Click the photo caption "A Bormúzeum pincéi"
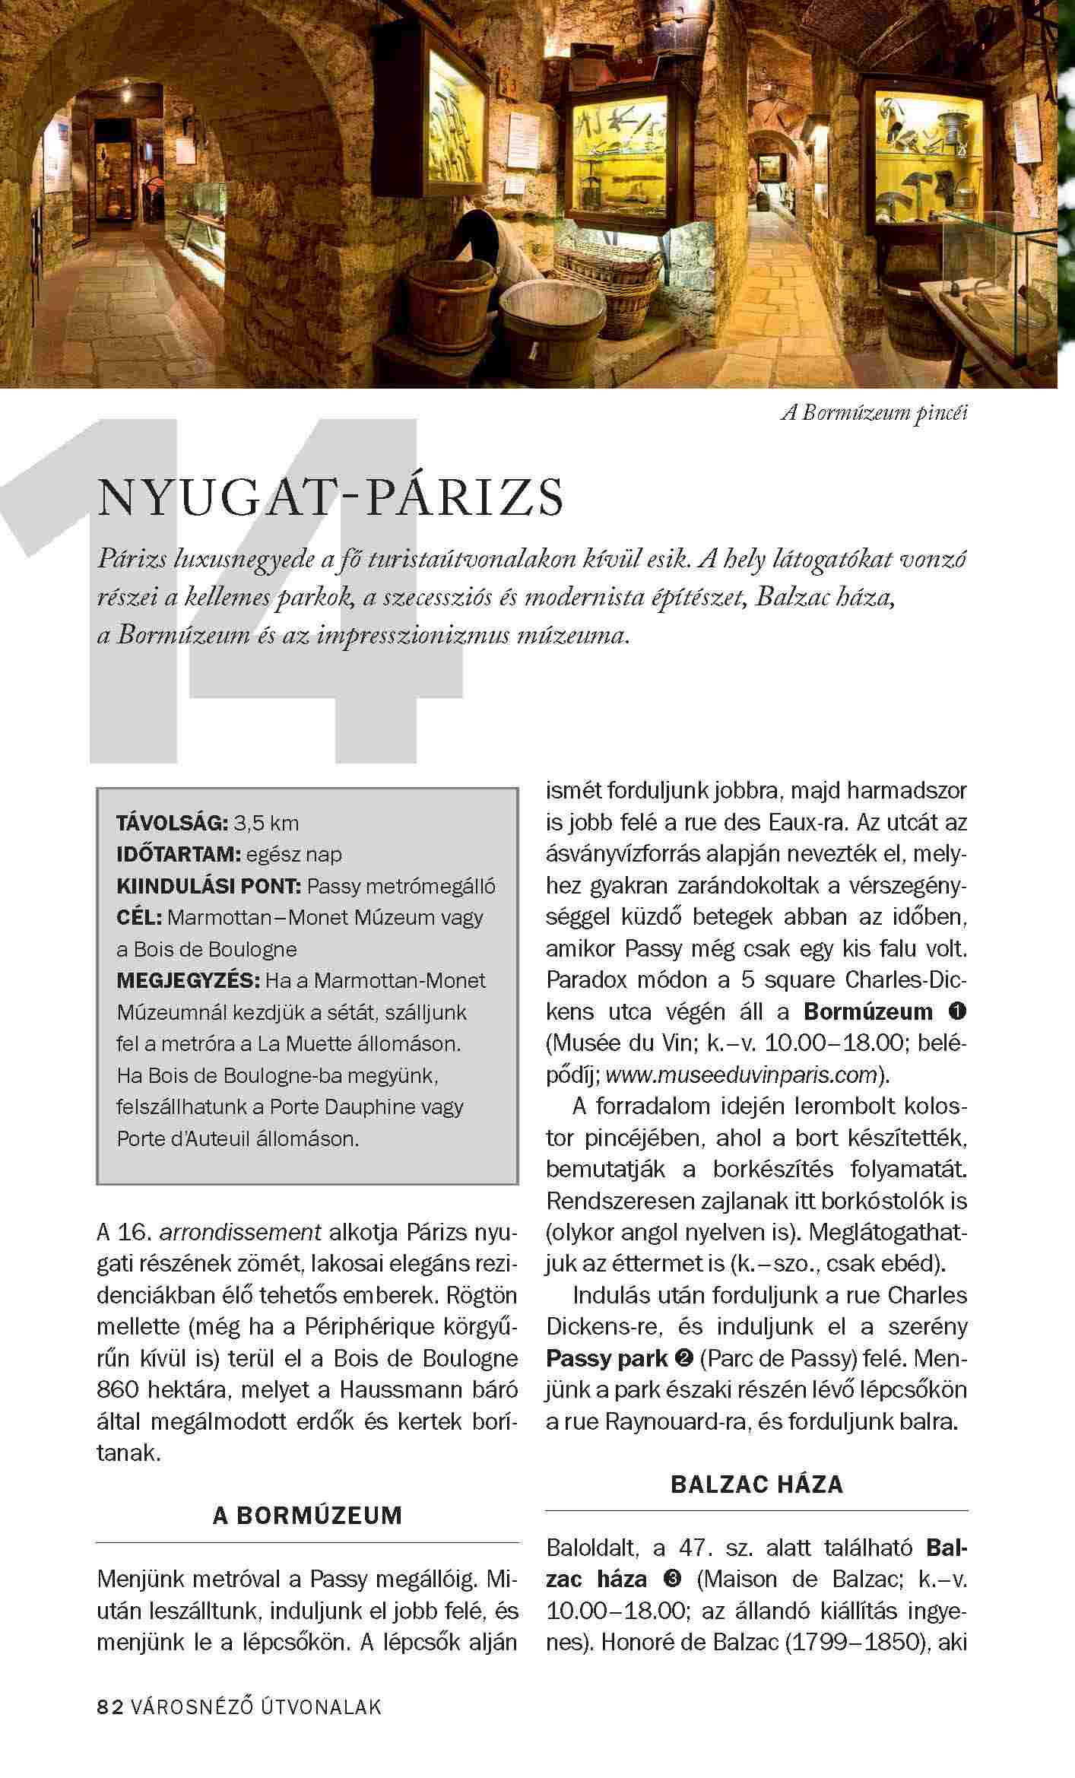coord(874,414)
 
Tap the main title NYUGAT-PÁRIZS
coord(331,497)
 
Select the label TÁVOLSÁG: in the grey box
coord(172,823)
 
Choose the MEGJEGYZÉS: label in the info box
coord(187,981)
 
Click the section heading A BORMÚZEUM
coord(307,1516)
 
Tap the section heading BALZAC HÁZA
coord(756,1484)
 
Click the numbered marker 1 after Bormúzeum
coord(957,1012)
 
